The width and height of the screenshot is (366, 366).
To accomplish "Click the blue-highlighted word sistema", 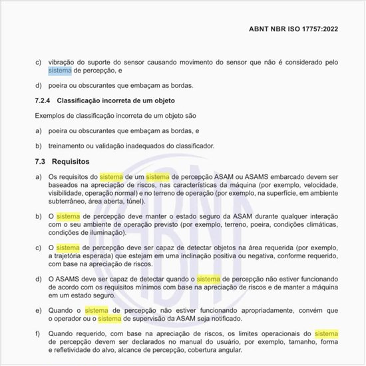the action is coord(59,71).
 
